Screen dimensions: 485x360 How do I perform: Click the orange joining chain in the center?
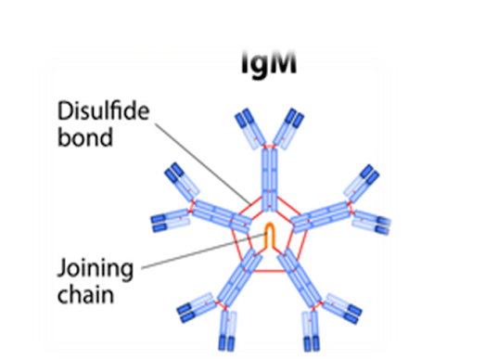point(269,237)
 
